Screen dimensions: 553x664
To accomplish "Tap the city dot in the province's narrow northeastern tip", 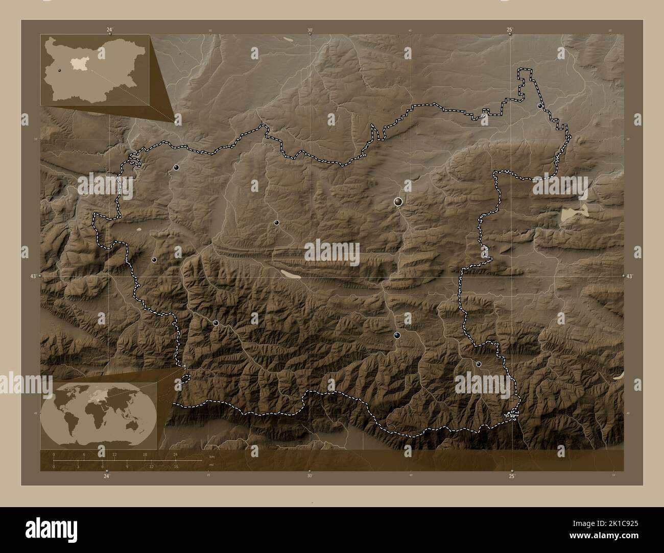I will pyautogui.click(x=540, y=106).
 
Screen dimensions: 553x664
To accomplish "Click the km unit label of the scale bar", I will pyautogui.click(x=210, y=456).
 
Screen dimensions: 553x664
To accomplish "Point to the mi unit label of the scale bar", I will pyautogui.click(x=210, y=465).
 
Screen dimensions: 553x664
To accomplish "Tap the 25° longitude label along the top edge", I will pyautogui.click(x=510, y=30).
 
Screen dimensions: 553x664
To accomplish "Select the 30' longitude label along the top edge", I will pyautogui.click(x=310, y=30).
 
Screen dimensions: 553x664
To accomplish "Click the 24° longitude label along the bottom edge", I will pyautogui.click(x=106, y=476).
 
